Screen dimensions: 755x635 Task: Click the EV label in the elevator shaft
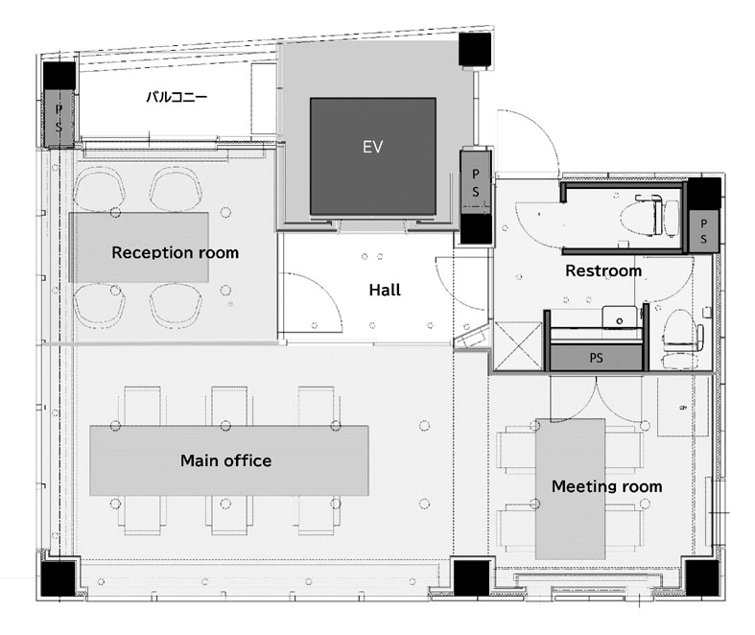(372, 147)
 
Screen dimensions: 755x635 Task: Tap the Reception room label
(176, 252)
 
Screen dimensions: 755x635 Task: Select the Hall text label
(385, 290)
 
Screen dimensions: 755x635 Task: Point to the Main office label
(225, 460)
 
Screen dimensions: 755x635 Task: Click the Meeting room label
(606, 486)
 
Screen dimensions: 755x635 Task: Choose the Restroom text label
(603, 270)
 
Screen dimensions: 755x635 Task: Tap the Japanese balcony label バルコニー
(177, 97)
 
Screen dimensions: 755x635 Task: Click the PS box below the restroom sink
(596, 358)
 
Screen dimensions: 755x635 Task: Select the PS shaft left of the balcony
(59, 118)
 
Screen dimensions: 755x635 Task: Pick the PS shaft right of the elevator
(475, 182)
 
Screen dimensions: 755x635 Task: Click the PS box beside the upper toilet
(703, 231)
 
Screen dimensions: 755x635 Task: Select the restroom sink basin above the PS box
(620, 317)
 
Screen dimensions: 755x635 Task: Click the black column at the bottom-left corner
(59, 579)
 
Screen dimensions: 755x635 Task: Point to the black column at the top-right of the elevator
(475, 49)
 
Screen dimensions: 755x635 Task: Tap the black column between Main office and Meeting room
(472, 579)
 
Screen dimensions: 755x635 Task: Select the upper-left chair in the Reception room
(100, 189)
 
